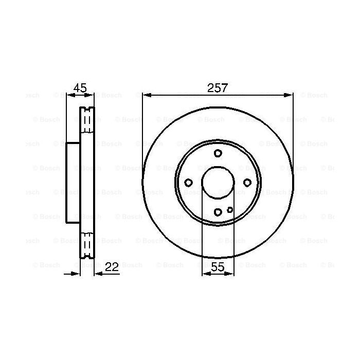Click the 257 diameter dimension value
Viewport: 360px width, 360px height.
tap(218, 88)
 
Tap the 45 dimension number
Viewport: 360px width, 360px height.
tap(80, 88)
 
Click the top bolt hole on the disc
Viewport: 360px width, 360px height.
tap(218, 153)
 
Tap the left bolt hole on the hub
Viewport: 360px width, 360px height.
tap(188, 183)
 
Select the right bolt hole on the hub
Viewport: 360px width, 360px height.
tap(247, 183)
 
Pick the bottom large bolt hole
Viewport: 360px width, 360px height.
tap(218, 212)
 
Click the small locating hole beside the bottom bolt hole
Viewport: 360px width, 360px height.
tap(230, 209)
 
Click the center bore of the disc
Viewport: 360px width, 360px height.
tap(218, 183)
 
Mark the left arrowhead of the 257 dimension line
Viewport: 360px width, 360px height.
tap(146, 95)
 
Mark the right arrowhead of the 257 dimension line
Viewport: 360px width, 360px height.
tap(290, 95)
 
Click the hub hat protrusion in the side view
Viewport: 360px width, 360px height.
tap(73, 183)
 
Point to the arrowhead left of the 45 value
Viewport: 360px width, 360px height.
tap(69, 95)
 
